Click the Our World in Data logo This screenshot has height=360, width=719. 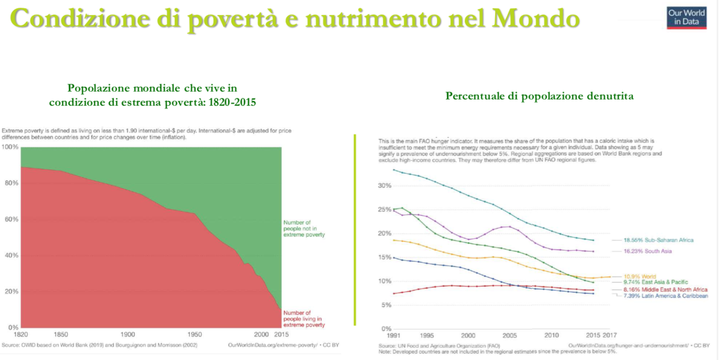click(687, 18)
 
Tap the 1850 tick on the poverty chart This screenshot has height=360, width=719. click(61, 334)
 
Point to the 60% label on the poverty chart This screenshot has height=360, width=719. click(11, 219)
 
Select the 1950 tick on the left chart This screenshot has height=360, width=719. click(194, 334)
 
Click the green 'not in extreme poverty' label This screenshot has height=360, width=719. click(304, 228)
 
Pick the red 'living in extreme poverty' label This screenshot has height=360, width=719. click(304, 319)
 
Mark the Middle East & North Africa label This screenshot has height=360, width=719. click(665, 290)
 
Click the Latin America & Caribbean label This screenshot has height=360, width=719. click(665, 296)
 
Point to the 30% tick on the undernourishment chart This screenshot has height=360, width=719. click(384, 186)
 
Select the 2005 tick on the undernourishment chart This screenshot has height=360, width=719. click(510, 335)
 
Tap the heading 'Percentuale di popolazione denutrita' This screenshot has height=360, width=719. click(539, 96)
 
